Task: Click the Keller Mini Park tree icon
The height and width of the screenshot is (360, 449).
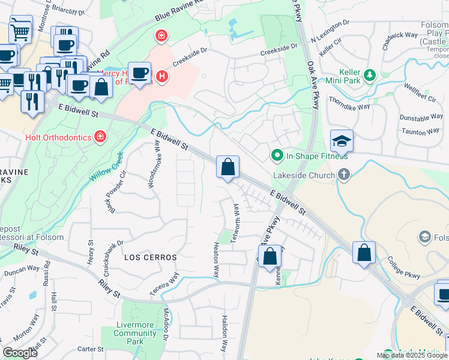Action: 370,75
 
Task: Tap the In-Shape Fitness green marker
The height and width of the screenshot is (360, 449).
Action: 277,156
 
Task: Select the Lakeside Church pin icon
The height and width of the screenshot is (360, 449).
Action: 343,175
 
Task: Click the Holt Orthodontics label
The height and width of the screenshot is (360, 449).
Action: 58,137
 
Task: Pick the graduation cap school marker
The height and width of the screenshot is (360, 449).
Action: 342,142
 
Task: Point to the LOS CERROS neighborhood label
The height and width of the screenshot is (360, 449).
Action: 150,257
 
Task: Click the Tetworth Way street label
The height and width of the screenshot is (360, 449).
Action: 237,223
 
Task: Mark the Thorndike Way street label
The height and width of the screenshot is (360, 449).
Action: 349,103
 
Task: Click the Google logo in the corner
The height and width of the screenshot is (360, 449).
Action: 20,353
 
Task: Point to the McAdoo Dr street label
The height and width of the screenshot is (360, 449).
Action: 166,324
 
